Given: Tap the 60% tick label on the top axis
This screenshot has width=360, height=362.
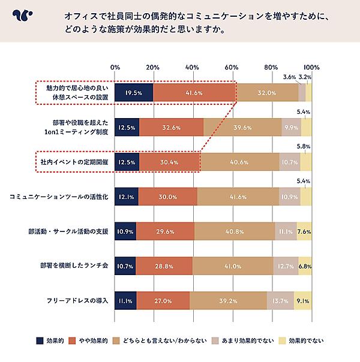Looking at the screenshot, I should click(232, 67).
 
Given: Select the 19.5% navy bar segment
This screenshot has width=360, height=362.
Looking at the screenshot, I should click(134, 93).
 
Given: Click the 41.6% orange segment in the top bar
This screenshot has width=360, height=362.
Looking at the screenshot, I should click(194, 93).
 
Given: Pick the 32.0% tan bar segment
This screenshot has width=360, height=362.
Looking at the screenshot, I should click(266, 93).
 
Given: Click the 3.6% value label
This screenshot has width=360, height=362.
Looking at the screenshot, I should click(289, 77).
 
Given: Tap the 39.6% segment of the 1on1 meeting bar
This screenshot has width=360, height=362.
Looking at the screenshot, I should click(242, 127).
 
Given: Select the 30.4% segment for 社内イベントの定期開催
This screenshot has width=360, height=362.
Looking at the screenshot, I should click(170, 162).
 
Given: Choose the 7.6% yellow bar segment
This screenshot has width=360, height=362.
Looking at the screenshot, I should click(304, 231).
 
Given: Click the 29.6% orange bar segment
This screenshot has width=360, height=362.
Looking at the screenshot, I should click(165, 231).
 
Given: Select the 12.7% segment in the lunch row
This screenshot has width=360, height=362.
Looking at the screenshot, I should click(286, 266).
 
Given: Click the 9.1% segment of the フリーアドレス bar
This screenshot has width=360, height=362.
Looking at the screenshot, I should click(303, 300).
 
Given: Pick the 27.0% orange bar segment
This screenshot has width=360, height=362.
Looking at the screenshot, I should click(163, 300).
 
